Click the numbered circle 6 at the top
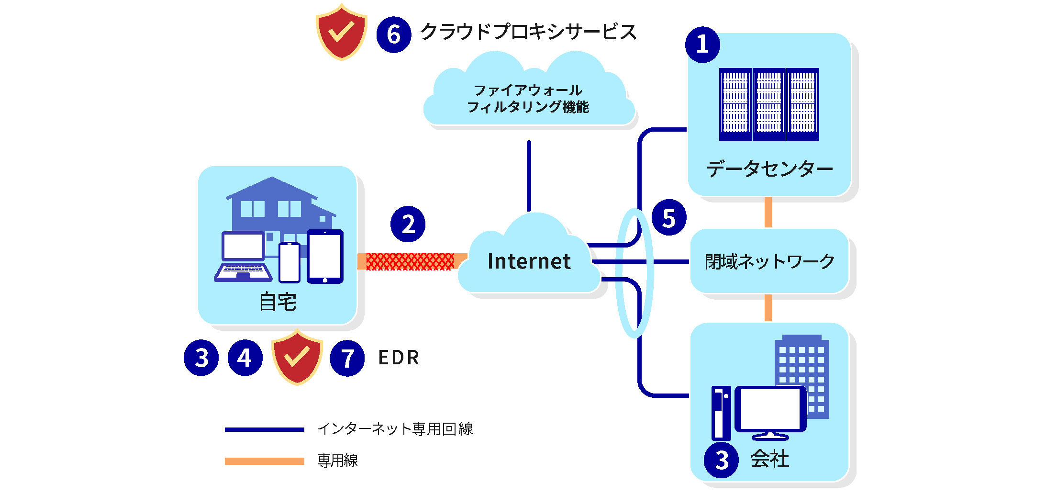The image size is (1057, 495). [x=393, y=34]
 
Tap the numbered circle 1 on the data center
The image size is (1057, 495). [x=702, y=45]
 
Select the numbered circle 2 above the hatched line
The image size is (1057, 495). [x=408, y=224]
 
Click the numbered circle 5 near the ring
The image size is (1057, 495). [x=669, y=218]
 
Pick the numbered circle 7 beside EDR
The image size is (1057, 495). [x=347, y=358]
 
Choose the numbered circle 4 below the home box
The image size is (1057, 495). [x=245, y=358]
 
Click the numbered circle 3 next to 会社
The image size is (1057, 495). [x=721, y=460]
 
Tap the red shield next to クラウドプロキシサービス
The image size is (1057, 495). [x=341, y=33]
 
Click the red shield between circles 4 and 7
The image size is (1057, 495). [x=297, y=357]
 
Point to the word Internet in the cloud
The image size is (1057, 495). [x=529, y=261]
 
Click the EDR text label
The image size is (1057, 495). [x=399, y=358]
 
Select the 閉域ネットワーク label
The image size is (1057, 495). [x=769, y=261]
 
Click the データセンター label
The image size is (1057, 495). [x=769, y=169]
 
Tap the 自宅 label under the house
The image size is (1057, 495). [x=278, y=302]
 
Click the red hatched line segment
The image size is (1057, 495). [x=410, y=261]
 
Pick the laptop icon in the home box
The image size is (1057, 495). [x=243, y=257]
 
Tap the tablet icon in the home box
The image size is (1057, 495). [x=325, y=257]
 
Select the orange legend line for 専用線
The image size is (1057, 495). [x=264, y=461]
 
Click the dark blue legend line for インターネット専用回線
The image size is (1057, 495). [x=264, y=429]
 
